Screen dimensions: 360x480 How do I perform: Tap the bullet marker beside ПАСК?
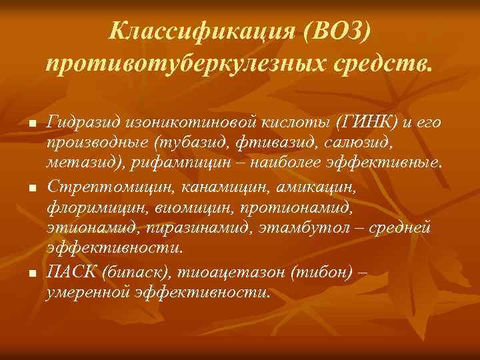point(31,274)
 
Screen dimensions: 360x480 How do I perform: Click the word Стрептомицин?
point(90,185)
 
